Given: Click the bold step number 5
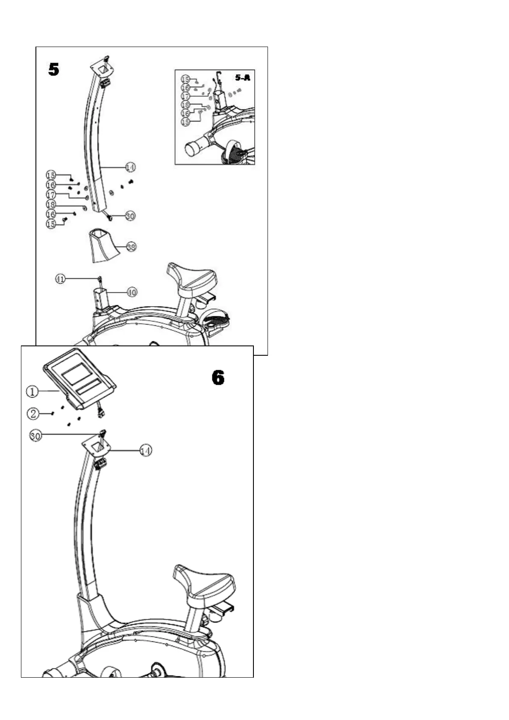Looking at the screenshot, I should pyautogui.click(x=53, y=69).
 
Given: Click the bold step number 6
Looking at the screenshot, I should pyautogui.click(x=218, y=378).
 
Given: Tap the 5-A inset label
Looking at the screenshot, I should pyautogui.click(x=242, y=77).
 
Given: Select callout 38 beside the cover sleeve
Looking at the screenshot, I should pyautogui.click(x=132, y=247).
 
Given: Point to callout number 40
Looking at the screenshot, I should pyautogui.click(x=132, y=292).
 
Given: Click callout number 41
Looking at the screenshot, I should pyautogui.click(x=61, y=279).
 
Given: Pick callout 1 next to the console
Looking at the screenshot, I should pyautogui.click(x=32, y=391).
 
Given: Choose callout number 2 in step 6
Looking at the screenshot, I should pyautogui.click(x=33, y=413).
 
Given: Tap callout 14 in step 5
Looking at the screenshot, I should pyautogui.click(x=130, y=167).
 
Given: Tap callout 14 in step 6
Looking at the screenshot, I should pyautogui.click(x=146, y=450).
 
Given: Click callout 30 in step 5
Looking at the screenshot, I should pyautogui.click(x=130, y=216).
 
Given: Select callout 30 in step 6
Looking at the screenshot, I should pyautogui.click(x=36, y=436).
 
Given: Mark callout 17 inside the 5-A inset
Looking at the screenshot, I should pyautogui.click(x=185, y=97).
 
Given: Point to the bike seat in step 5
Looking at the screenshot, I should pyautogui.click(x=191, y=277).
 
